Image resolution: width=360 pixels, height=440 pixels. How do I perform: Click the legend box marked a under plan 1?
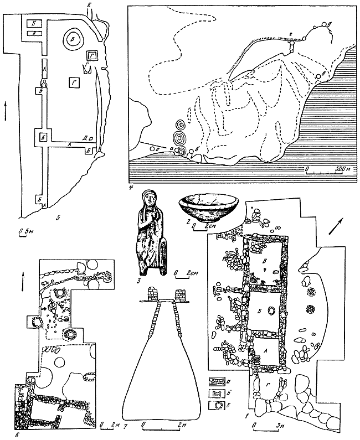pos(217,382)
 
